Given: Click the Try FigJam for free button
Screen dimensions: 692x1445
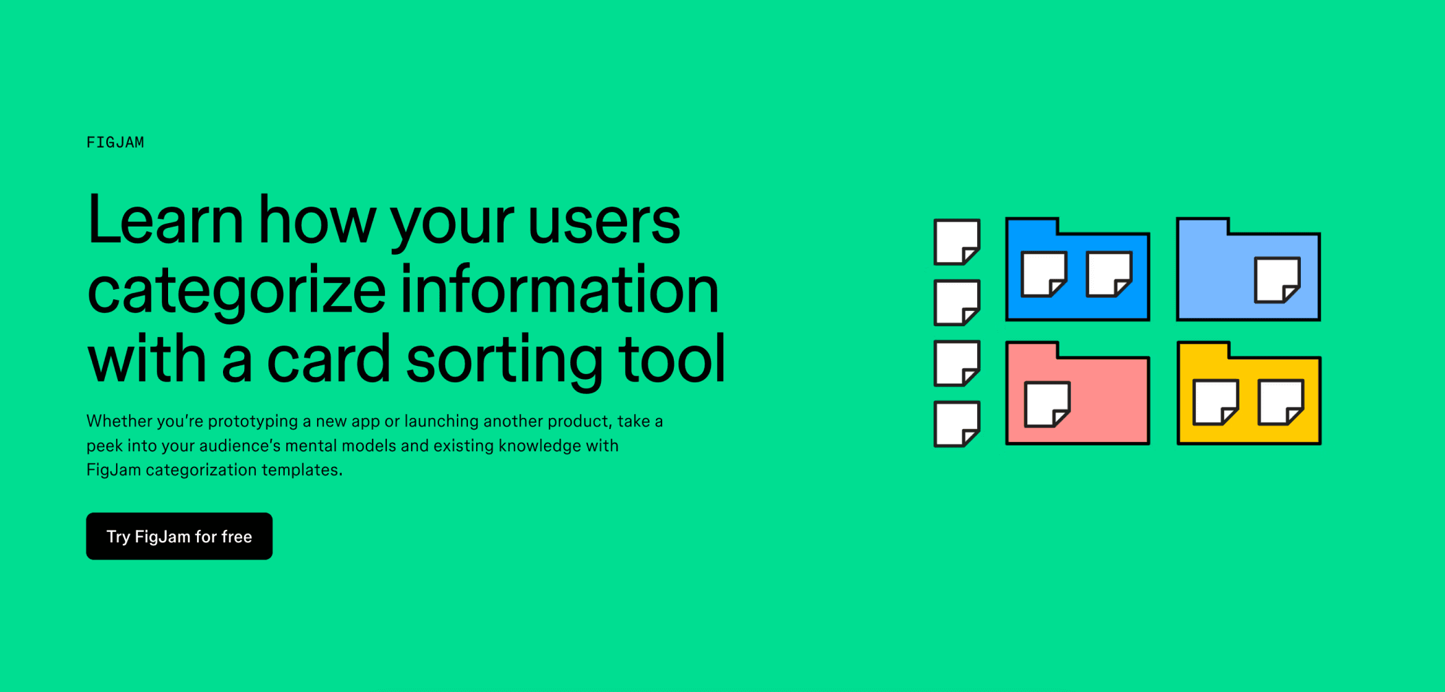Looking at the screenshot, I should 179,536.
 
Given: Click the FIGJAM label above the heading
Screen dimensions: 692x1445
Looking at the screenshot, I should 115,143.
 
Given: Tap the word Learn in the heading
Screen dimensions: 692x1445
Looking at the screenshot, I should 165,221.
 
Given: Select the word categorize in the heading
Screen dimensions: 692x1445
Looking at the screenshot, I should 237,291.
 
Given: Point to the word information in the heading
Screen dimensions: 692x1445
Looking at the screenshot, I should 559,290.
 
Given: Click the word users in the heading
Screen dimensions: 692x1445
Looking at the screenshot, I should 604,221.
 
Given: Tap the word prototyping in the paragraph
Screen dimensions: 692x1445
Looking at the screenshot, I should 253,421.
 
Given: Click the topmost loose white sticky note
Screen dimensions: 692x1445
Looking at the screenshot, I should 956,242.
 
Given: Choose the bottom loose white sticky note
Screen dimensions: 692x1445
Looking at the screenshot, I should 956,424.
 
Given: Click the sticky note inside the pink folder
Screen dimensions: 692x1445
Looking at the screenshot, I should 1046,404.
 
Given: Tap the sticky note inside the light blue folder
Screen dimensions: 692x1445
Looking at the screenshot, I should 1277,279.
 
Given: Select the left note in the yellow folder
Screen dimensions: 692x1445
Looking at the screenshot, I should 1215,402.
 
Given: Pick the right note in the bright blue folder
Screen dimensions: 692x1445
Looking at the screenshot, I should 1109,274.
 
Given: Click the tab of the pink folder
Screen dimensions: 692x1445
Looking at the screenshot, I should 1032,349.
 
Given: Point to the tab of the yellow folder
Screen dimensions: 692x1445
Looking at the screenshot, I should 1202,349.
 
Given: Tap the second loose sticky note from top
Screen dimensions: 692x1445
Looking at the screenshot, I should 956,302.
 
